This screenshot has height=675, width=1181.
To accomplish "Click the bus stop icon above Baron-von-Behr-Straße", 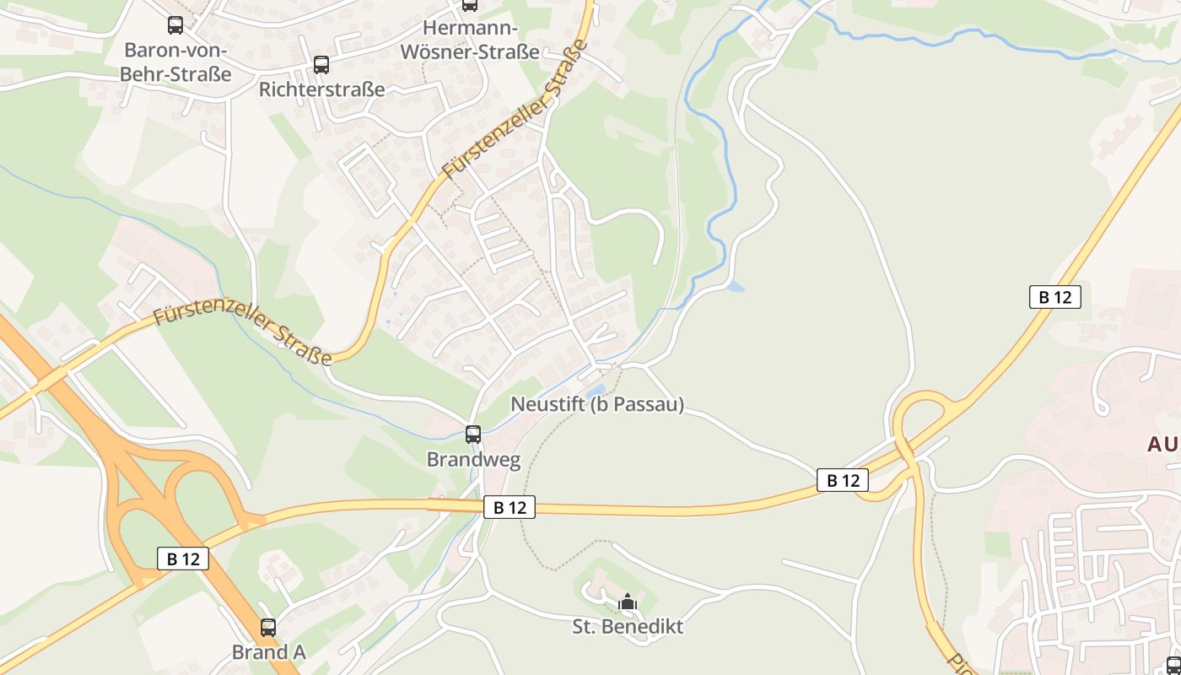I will [x=175, y=25].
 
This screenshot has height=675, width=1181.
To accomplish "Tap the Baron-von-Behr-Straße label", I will [x=175, y=61].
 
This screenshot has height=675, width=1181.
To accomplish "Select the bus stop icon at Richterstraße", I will [x=321, y=65].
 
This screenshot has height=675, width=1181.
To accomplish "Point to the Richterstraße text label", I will [x=321, y=89].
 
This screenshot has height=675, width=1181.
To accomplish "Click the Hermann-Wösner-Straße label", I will [x=470, y=40].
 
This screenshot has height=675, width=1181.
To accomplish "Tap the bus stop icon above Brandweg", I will [x=473, y=435].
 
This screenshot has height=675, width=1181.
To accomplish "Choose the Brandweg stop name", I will [x=473, y=460].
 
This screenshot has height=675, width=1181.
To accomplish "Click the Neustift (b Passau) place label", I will [x=597, y=405].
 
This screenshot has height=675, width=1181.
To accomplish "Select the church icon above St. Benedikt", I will [x=627, y=602].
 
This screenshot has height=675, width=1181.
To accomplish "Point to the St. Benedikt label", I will [x=628, y=627].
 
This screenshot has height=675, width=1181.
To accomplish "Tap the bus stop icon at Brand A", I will [x=268, y=628].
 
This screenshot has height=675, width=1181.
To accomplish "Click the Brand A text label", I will [x=268, y=652].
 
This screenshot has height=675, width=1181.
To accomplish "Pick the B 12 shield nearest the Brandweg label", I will [x=510, y=507].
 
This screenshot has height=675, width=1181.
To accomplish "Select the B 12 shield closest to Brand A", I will [x=183, y=558].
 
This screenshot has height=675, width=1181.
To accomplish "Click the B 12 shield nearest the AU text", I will [x=1054, y=297].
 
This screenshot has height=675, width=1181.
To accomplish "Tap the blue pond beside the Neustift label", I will [x=596, y=390].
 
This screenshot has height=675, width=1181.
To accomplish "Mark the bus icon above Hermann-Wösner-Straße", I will [x=470, y=5].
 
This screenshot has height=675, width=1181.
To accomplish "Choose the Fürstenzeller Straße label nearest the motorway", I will [x=242, y=329].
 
